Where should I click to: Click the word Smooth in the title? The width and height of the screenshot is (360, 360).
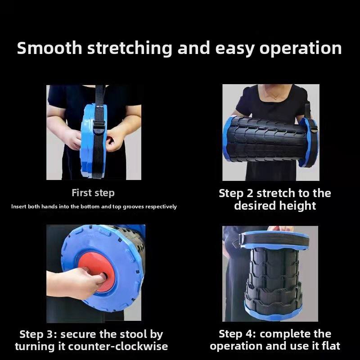[49, 48]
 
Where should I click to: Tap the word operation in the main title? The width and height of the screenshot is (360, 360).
[301, 49]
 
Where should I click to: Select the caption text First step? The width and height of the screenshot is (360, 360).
[93, 193]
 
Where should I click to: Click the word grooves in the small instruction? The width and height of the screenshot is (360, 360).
[133, 207]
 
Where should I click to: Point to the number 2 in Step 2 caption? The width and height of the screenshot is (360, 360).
[250, 193]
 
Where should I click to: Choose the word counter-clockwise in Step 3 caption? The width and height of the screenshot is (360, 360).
[118, 346]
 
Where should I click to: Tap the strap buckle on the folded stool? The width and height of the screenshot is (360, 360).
[99, 127]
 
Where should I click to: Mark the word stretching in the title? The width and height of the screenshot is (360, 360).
[130, 49]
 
